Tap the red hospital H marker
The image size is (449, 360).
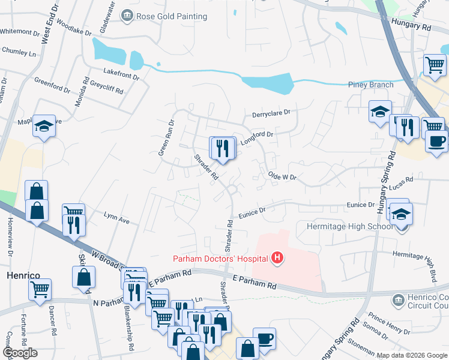click(277, 259)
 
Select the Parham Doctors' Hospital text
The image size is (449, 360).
click(221, 259)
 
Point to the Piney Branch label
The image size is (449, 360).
click(371, 85)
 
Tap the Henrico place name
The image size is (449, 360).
click(23, 275)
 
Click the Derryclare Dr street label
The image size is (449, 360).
click(271, 112)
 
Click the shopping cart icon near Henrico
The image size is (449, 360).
click(40, 289)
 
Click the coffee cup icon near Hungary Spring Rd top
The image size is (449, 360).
click(436, 142)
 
